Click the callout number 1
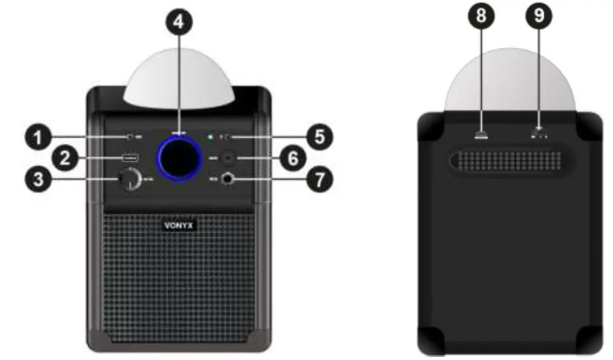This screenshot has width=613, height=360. click(40, 138)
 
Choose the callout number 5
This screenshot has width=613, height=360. click(320, 137)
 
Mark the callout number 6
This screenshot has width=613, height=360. click(320, 158)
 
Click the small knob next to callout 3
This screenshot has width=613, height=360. click(130, 179)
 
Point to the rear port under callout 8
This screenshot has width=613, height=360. click(480, 137)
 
